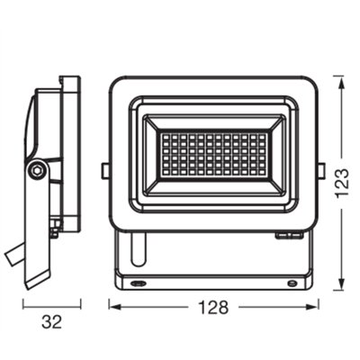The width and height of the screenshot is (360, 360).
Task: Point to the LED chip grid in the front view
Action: coord(214,150)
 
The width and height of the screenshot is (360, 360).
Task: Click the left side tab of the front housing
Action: coord(105,169)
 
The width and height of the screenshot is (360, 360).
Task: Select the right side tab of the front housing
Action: coord(322,169)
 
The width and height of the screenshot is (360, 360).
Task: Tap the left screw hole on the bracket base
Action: coord(139,282)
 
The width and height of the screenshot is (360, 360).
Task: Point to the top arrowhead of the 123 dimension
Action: coord(338,79)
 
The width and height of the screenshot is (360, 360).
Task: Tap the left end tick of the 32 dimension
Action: coord(22,307)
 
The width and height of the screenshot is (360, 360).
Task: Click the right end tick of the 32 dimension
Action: coord(80,307)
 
